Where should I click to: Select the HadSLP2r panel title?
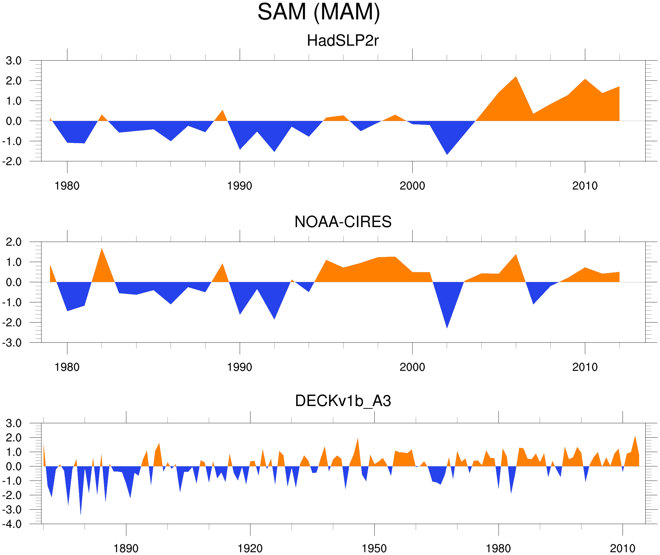[x=342, y=41]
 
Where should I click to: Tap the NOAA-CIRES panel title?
[x=342, y=222]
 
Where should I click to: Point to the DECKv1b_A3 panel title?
[x=342, y=401]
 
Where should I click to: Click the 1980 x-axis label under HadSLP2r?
[x=67, y=186]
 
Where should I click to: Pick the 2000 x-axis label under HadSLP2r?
[x=412, y=186]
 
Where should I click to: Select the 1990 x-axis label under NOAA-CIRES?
[x=240, y=367]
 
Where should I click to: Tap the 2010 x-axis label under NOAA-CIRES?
[x=585, y=367]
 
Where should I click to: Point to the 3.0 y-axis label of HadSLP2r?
[x=14, y=61]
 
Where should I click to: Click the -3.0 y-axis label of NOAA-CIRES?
[x=12, y=343]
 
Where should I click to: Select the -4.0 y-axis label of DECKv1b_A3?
[x=12, y=524]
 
